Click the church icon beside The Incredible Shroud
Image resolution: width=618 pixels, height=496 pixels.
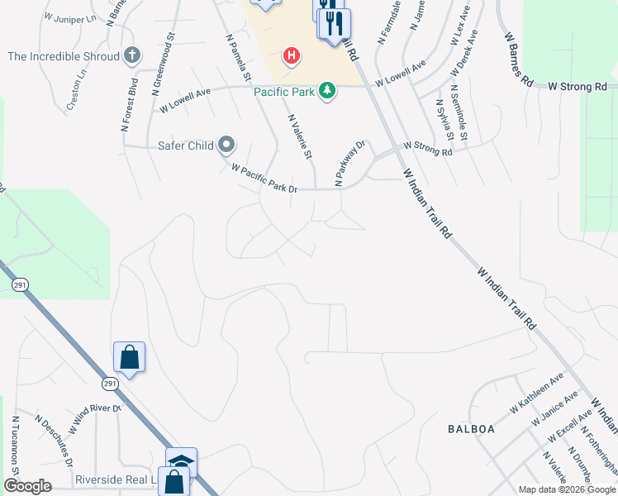pos(131,56)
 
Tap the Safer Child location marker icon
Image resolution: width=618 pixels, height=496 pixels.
pos(226,146)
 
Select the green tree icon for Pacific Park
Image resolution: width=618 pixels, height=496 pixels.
pos(328,91)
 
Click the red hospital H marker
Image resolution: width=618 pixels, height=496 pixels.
pos(291,56)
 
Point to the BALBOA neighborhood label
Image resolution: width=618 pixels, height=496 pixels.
pos(471,429)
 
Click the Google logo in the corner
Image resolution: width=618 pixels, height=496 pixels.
pos(27,486)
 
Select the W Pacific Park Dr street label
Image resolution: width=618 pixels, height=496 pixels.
pos(264,179)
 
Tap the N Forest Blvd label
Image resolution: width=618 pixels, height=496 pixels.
pos(128,105)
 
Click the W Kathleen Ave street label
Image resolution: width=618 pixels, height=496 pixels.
pos(531,393)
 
